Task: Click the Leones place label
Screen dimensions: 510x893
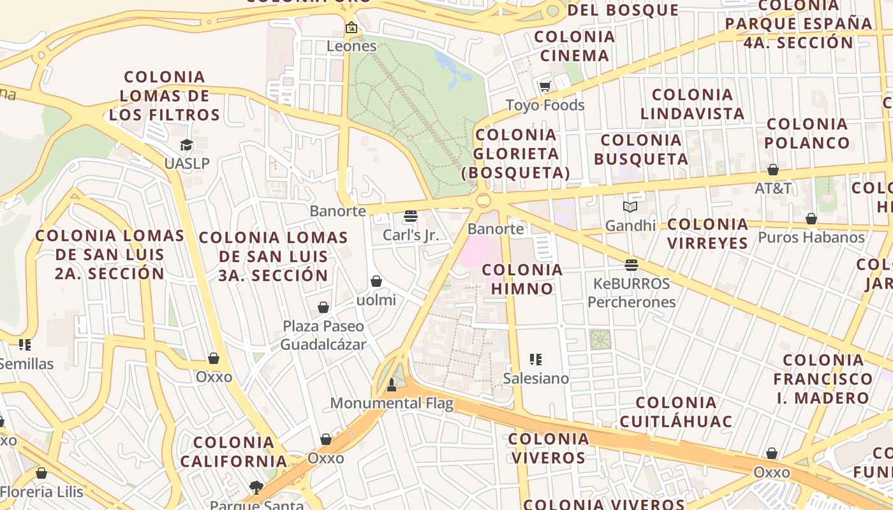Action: point(351,46)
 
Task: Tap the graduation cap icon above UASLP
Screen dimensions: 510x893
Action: point(186,145)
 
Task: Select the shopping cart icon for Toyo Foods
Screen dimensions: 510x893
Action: point(545,87)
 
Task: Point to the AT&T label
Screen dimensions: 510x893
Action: point(773,188)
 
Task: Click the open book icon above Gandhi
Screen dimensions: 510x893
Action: point(630,207)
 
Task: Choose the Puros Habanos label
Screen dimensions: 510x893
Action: point(811,238)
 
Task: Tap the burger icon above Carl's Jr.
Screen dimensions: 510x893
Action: point(411,217)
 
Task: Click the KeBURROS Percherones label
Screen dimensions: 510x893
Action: point(631,293)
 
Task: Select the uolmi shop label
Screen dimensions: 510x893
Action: point(376,300)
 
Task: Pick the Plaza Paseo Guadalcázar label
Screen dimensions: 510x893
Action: point(324,335)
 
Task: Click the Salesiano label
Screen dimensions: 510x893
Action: point(536,378)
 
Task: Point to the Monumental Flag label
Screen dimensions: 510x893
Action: point(392,403)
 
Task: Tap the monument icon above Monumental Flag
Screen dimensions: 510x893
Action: point(392,384)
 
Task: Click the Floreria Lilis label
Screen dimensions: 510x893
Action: point(42,492)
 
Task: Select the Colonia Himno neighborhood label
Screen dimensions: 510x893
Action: point(522,279)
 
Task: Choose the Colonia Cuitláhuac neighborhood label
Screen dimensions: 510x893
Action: point(675,412)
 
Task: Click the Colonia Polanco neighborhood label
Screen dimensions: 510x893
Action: point(808,133)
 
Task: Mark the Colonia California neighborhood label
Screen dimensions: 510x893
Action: point(233,451)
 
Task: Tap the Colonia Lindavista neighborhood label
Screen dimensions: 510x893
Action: point(692,105)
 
